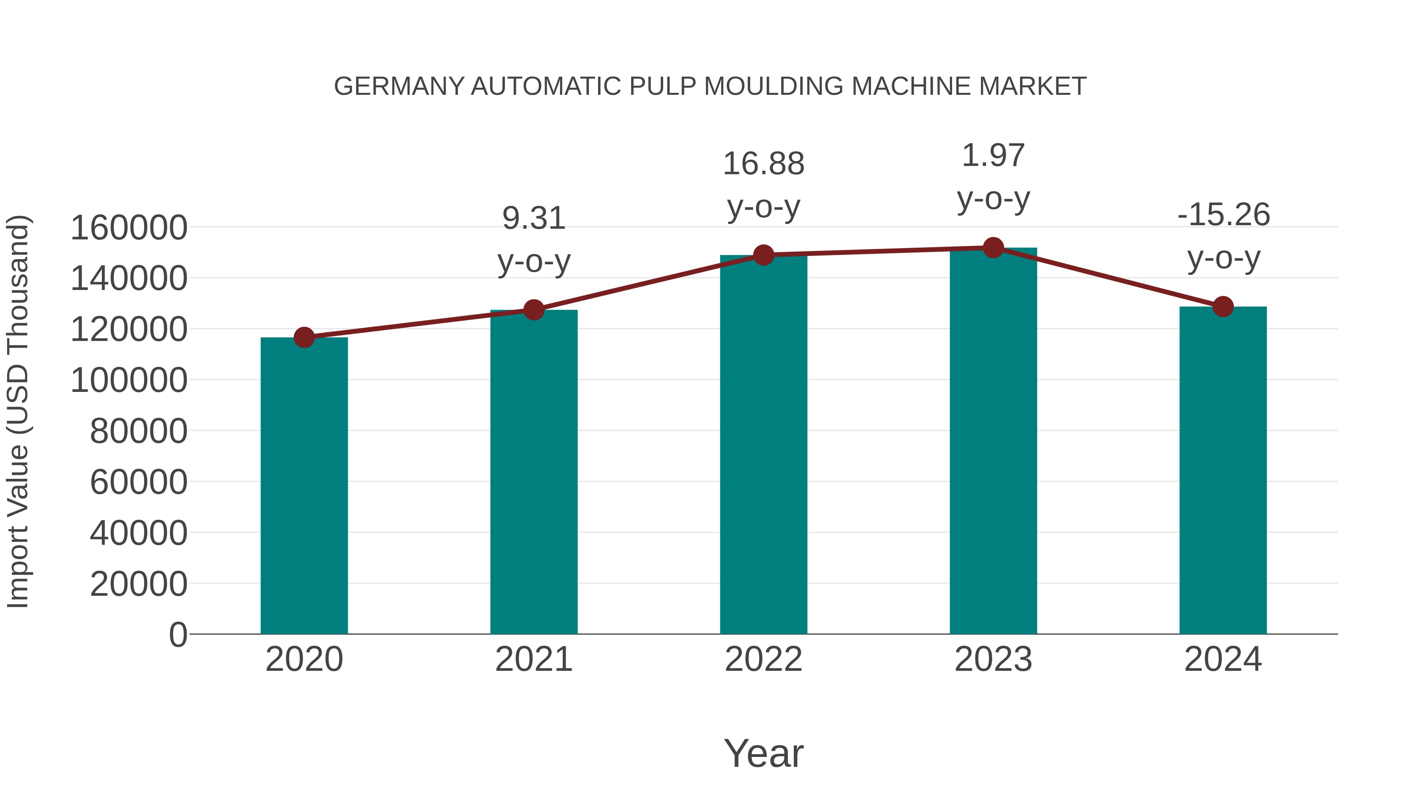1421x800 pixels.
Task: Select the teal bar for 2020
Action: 304,486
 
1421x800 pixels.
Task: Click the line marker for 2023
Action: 993,248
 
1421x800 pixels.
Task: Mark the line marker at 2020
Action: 304,337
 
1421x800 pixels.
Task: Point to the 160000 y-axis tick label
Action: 129,228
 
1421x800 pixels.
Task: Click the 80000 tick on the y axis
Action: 139,431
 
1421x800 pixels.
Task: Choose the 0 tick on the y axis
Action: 178,634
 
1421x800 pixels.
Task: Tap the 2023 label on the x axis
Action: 993,659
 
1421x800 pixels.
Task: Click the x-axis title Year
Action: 763,753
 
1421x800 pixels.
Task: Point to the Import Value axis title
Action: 18,411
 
